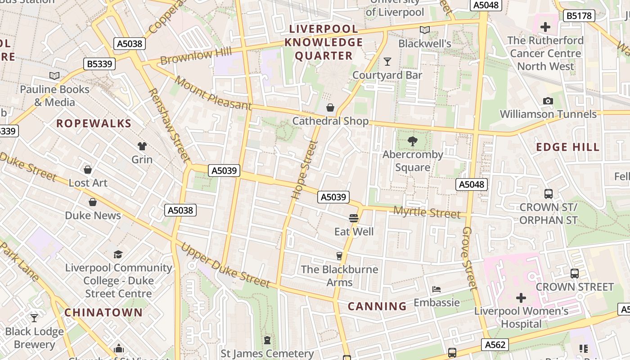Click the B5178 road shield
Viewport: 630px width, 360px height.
[x=579, y=16]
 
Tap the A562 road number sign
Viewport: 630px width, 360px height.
[x=495, y=345]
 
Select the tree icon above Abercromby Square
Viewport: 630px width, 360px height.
[x=412, y=141]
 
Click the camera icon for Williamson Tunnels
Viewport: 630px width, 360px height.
[x=548, y=101]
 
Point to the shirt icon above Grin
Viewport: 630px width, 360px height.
[x=142, y=146]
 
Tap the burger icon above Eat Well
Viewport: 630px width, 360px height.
[x=354, y=218]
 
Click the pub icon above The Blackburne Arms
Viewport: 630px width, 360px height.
[x=339, y=256]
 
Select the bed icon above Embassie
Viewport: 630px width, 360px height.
[x=436, y=289]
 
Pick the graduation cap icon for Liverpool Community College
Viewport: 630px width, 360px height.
[x=118, y=254]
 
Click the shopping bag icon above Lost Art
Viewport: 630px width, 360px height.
[x=88, y=170]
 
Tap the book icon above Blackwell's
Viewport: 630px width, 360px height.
[x=424, y=30]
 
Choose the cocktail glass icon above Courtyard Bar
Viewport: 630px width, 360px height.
[x=387, y=61]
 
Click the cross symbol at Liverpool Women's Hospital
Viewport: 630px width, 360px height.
[x=521, y=298]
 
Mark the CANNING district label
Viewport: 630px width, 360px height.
[x=377, y=306]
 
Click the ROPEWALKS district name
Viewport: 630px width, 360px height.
[x=94, y=123]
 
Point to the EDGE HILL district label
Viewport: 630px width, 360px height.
[x=567, y=147]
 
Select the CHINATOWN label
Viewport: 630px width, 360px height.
[x=103, y=312]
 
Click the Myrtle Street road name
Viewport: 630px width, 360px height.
[x=427, y=212]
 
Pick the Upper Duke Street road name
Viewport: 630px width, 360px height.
[x=225, y=265]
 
